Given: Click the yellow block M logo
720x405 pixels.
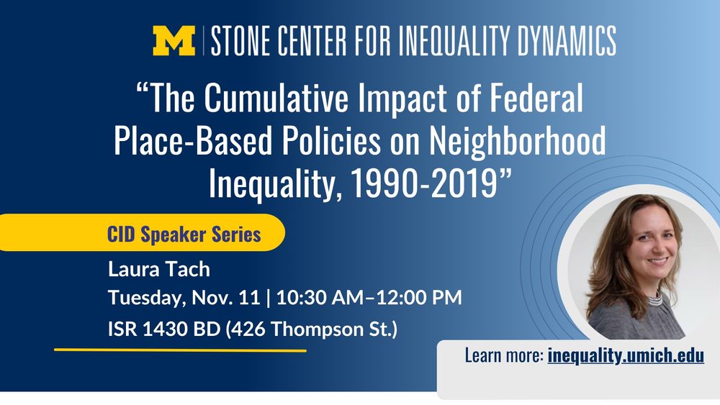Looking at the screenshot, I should click(x=174, y=41).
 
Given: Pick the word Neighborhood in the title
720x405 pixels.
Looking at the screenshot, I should click(x=518, y=142).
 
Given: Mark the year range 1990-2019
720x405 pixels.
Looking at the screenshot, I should click(x=423, y=183).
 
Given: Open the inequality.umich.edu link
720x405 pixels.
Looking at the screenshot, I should click(x=625, y=355).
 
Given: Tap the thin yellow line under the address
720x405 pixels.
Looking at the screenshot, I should click(x=180, y=350).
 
